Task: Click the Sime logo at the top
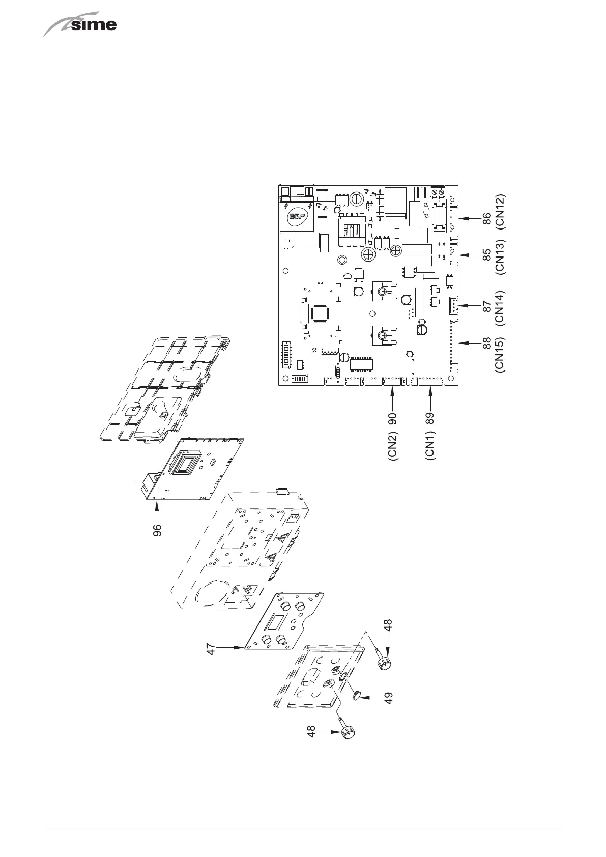[x=80, y=25]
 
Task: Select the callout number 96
[x=158, y=530]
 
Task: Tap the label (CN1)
[x=430, y=445]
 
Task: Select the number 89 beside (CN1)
[x=430, y=418]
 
